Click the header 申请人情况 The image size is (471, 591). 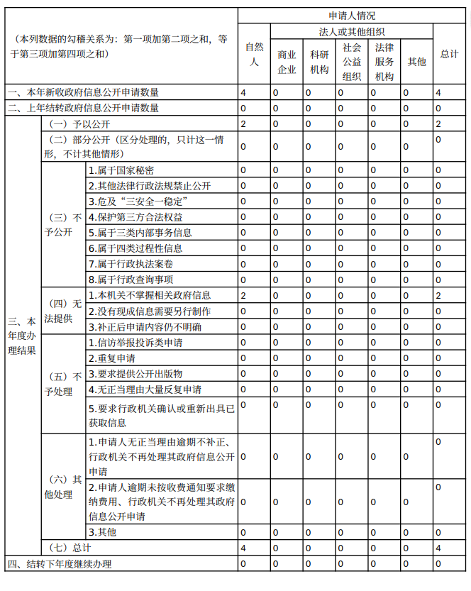(352, 15)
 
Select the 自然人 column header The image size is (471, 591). (254, 54)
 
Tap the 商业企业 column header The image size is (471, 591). (287, 62)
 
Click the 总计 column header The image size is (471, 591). (448, 54)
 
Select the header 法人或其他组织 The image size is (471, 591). (352, 31)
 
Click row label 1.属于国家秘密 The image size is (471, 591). (121, 170)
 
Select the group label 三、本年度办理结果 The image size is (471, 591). (22, 336)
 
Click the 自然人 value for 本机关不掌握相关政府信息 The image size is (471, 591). (244, 295)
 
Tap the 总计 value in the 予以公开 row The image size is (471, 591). (439, 124)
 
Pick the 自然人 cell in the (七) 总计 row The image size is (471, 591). (244, 548)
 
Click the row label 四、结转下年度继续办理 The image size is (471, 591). (60, 564)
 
